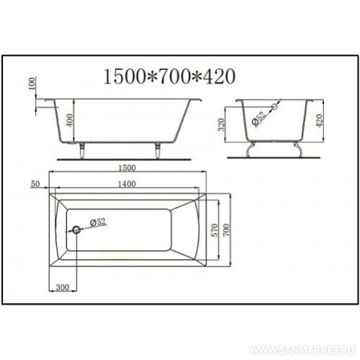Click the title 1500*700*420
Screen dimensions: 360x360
click(170, 76)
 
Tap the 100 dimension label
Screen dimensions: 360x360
click(32, 84)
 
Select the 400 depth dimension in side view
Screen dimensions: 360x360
click(69, 120)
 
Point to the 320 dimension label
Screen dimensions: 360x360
click(221, 125)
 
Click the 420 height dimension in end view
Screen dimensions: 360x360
click(319, 121)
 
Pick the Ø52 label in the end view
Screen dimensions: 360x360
click(259, 118)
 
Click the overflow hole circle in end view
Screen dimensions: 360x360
click(275, 106)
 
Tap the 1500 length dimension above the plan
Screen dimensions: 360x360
click(127, 167)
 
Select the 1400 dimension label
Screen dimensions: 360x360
click(127, 184)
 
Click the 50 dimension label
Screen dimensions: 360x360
click(35, 184)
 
